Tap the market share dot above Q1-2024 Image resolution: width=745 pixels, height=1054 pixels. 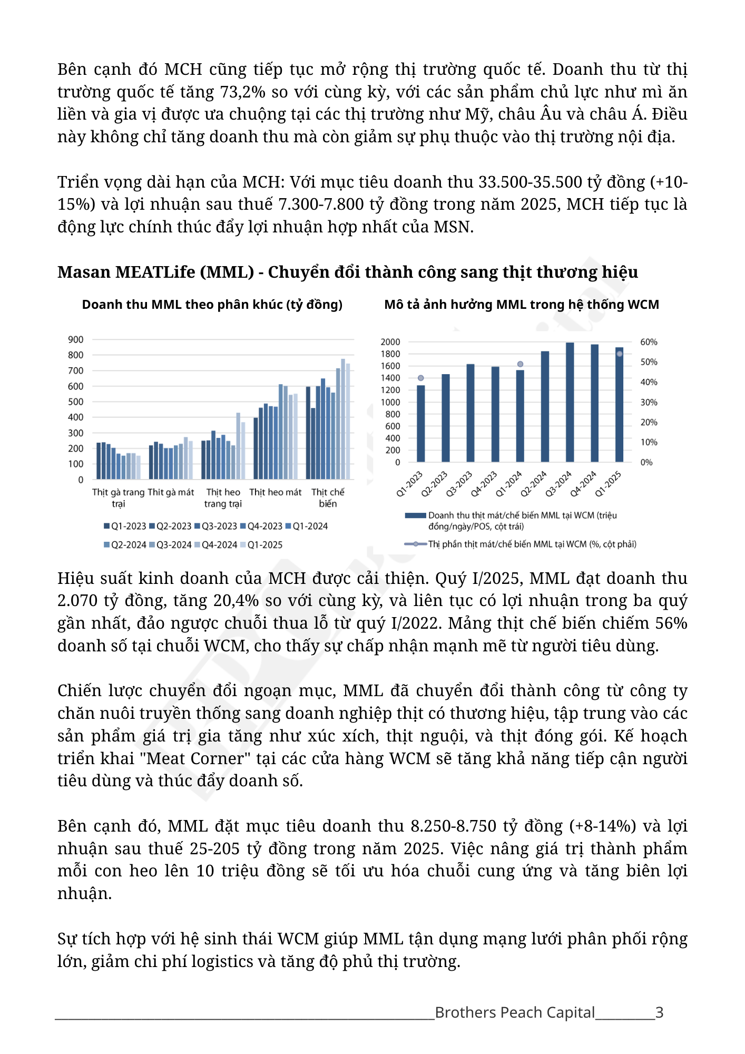[x=520, y=364]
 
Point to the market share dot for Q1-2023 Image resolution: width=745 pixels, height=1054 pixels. [x=420, y=378]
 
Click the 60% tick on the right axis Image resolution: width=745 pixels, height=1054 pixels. [x=649, y=342]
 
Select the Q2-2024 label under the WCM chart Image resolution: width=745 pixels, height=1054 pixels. [x=534, y=484]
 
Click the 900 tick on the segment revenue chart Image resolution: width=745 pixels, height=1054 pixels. [x=75, y=340]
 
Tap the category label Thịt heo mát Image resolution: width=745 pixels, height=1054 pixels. [x=275, y=492]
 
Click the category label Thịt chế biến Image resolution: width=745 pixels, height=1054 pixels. [x=327, y=497]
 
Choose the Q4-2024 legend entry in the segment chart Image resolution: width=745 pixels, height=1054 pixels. [x=215, y=545]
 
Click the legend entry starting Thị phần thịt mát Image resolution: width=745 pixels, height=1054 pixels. [x=531, y=544]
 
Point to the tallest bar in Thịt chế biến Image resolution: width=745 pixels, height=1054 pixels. [x=343, y=419]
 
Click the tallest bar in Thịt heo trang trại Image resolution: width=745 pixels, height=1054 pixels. [x=238, y=446]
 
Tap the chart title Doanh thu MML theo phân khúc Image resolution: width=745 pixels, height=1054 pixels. [x=212, y=305]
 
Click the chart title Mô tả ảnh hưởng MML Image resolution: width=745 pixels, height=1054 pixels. [x=521, y=305]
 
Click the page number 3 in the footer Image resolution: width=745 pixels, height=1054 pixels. [x=659, y=1012]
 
